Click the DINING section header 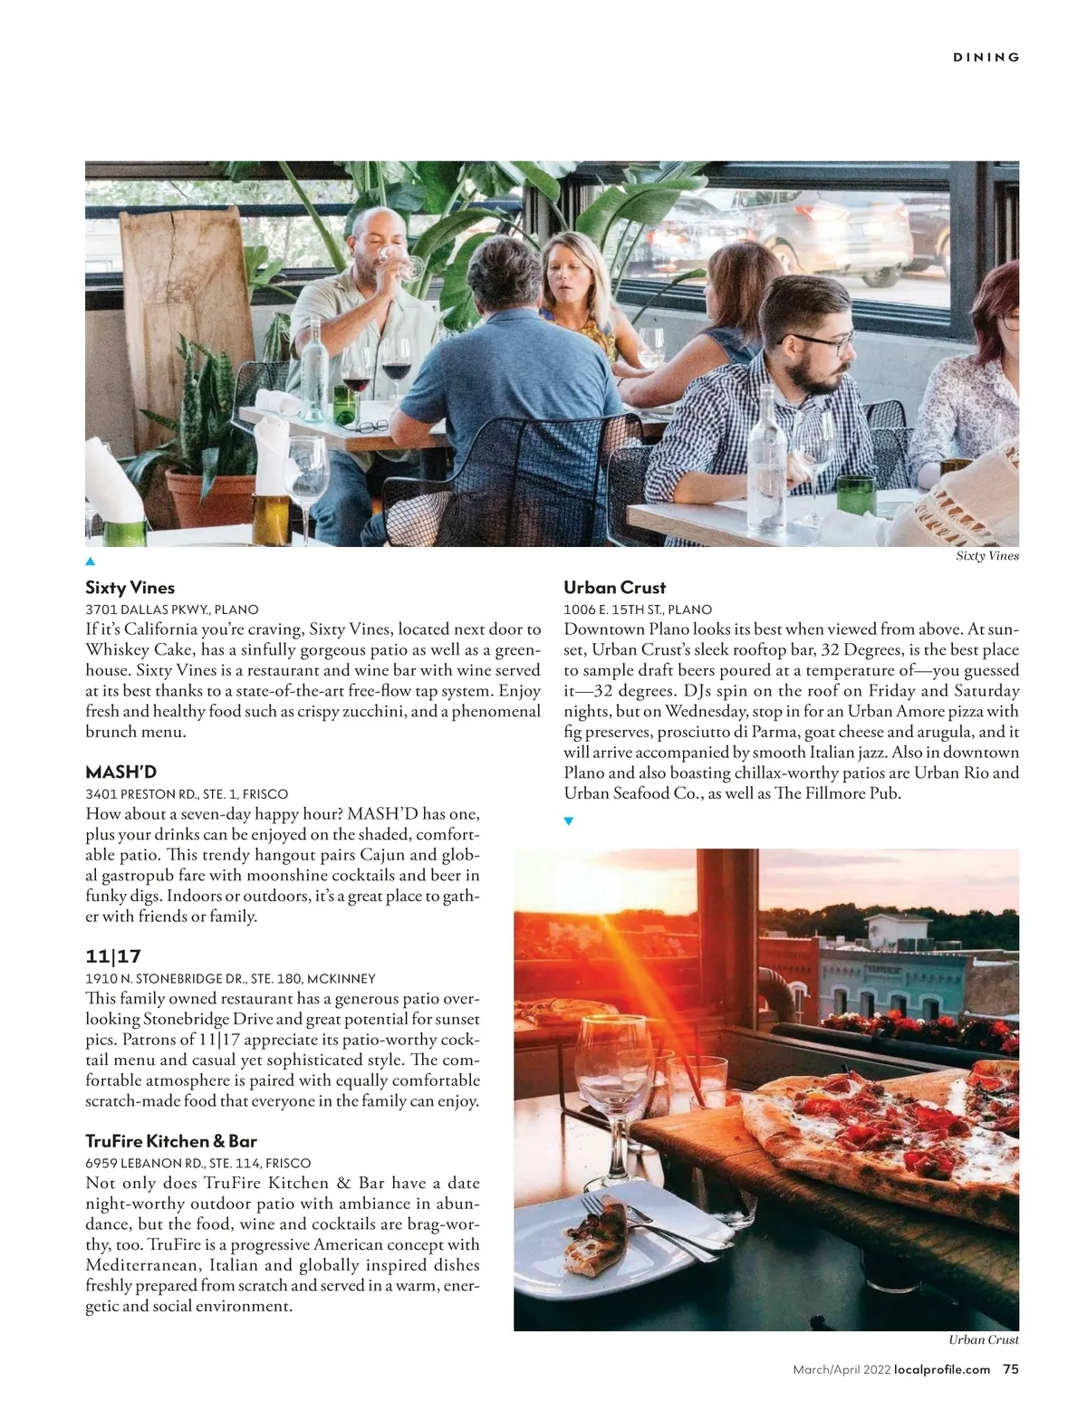point(986,57)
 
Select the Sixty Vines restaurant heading point(130,588)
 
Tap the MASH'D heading point(121,772)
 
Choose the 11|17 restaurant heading point(113,956)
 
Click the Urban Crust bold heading point(614,588)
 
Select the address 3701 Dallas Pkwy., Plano point(172,610)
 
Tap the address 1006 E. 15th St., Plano point(638,610)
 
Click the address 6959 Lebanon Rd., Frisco point(197,1163)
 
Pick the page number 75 point(1010,1369)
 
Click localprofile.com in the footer point(942,1369)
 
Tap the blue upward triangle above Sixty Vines point(91,562)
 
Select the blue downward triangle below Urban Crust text point(569,821)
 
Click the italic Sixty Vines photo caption point(987,556)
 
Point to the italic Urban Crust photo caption point(984,1339)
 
